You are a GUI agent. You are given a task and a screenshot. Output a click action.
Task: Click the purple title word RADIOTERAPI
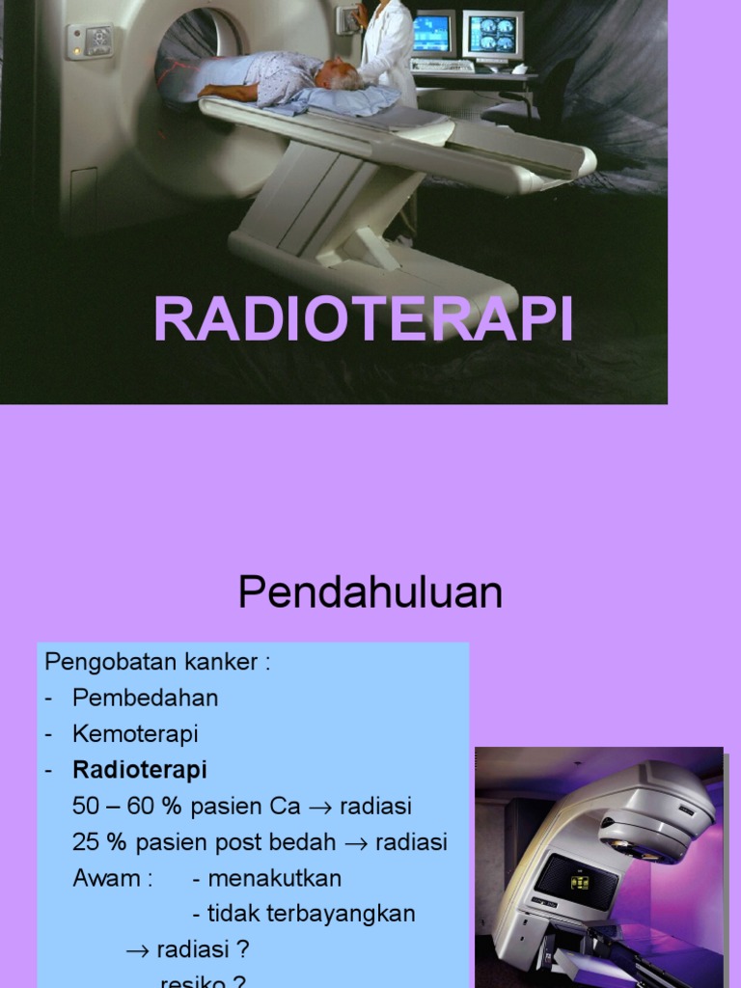[x=364, y=320]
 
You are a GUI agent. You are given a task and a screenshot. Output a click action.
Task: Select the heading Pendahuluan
[x=370, y=593]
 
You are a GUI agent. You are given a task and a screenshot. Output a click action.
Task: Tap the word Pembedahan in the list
[x=145, y=698]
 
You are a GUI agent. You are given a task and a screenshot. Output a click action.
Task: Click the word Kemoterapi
[x=135, y=733]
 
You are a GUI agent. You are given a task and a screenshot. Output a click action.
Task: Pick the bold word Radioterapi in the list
[x=139, y=770]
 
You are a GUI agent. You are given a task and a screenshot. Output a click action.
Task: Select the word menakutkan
[x=274, y=878]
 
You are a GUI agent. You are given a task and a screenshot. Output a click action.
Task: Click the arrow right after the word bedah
[x=357, y=842]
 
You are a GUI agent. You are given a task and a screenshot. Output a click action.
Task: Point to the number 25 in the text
[x=86, y=841]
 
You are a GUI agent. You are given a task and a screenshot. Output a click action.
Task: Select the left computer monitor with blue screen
[x=431, y=35]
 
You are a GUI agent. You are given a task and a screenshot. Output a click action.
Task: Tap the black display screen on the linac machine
[x=576, y=881]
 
